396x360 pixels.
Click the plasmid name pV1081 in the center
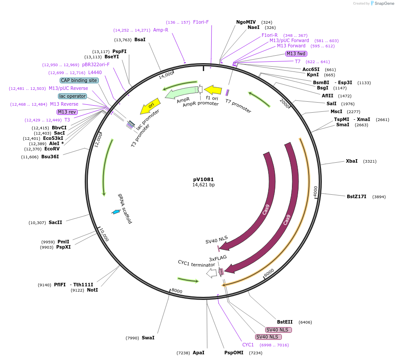(x=203, y=179)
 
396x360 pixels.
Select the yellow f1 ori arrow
(x=213, y=90)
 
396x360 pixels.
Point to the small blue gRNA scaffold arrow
(x=116, y=212)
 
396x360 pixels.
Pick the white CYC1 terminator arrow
(x=212, y=273)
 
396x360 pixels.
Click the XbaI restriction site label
(x=352, y=161)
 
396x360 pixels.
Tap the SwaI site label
(x=148, y=338)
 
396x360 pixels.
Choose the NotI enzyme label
(x=92, y=290)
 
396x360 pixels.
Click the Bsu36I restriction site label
(x=50, y=157)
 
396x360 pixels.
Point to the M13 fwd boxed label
(x=295, y=53)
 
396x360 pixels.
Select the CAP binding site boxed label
(x=79, y=80)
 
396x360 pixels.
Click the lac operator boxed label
(x=72, y=96)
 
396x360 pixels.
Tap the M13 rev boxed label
(x=67, y=112)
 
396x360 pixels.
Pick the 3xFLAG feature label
(x=217, y=259)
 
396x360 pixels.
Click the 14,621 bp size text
(x=203, y=185)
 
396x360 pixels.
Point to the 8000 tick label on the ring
(x=176, y=291)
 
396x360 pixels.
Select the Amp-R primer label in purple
(x=160, y=30)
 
